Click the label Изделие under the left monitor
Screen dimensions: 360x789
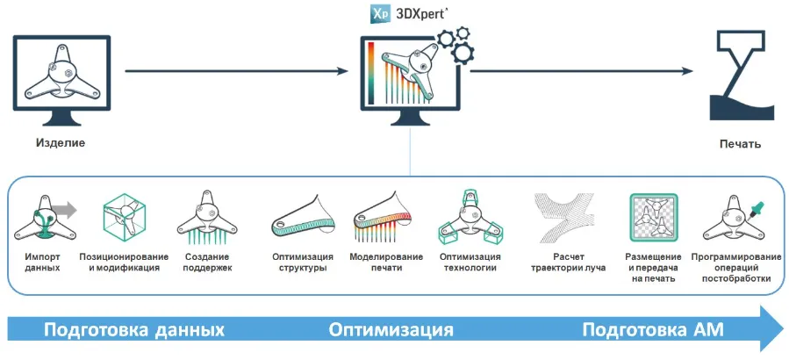click(61, 142)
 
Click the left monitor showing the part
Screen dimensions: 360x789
click(61, 75)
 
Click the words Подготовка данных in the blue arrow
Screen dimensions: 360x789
click(134, 330)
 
